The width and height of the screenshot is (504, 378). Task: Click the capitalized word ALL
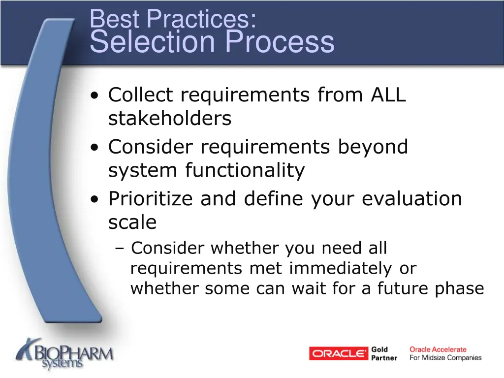388,95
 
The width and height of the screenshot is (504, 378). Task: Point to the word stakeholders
170,119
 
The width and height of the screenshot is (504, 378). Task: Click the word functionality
245,171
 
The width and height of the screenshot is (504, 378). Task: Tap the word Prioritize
151,199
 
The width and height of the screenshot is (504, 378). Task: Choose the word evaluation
412,199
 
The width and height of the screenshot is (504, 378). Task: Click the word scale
132,222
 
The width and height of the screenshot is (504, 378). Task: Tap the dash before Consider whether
121,249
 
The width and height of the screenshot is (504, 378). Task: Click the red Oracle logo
339,353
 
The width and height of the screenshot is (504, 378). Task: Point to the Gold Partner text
384,353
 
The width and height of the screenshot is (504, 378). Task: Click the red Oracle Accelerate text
438,349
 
